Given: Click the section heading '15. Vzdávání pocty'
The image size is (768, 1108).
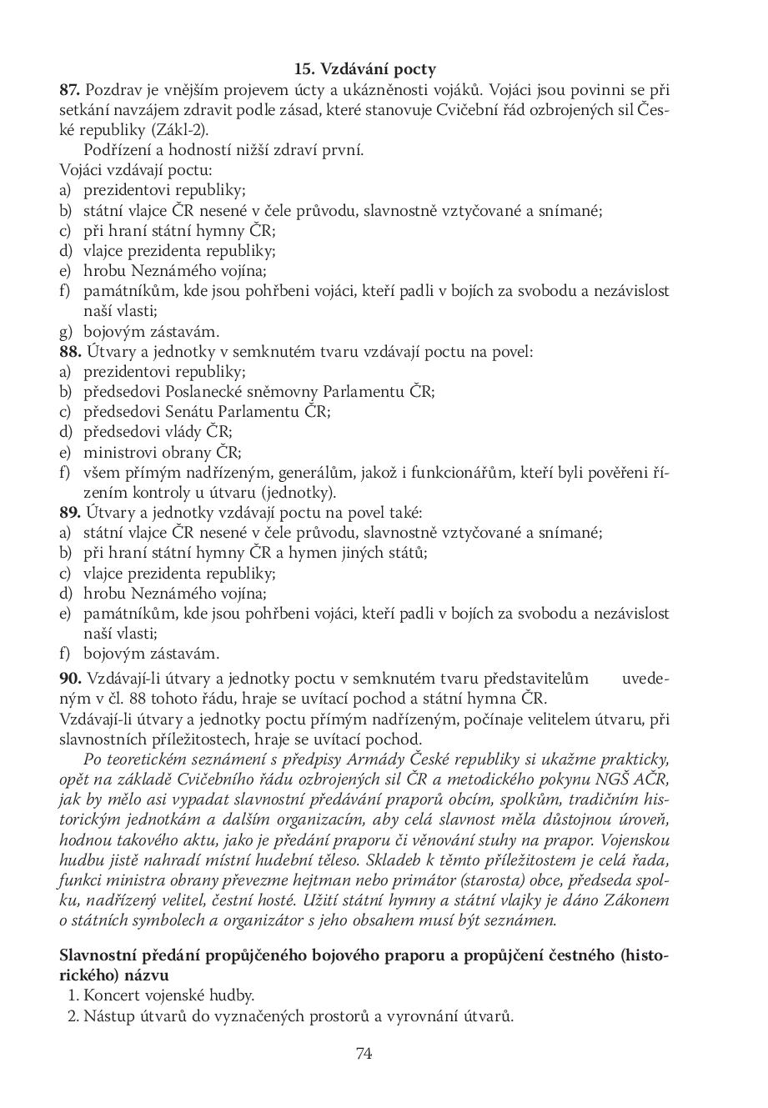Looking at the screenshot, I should coord(364,70).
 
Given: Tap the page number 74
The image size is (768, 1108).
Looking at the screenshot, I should coord(364,1053).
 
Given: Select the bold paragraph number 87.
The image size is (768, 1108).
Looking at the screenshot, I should coord(70,90).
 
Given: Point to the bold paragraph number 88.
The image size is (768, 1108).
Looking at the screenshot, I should coord(70,352).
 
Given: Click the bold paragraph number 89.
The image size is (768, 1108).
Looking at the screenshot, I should coord(70,513).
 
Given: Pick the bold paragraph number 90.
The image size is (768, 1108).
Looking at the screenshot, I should coord(70,678).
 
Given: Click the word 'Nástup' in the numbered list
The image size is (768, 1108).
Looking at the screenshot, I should coord(108,1016).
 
